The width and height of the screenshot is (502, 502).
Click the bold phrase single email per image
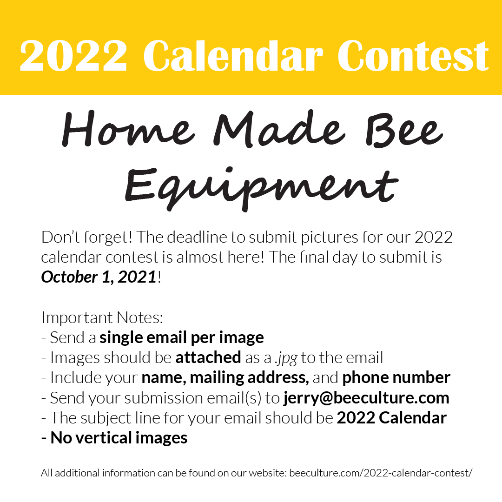click(181, 337)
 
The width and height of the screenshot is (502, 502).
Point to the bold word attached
click(208, 357)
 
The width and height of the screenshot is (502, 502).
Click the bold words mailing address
click(249, 377)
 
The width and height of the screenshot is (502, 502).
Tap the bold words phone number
click(396, 377)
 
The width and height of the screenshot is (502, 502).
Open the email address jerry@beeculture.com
click(366, 398)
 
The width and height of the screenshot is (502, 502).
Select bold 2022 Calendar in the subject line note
click(391, 418)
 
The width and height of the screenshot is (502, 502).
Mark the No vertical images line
click(114, 438)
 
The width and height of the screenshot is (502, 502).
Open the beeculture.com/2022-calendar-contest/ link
click(381, 474)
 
